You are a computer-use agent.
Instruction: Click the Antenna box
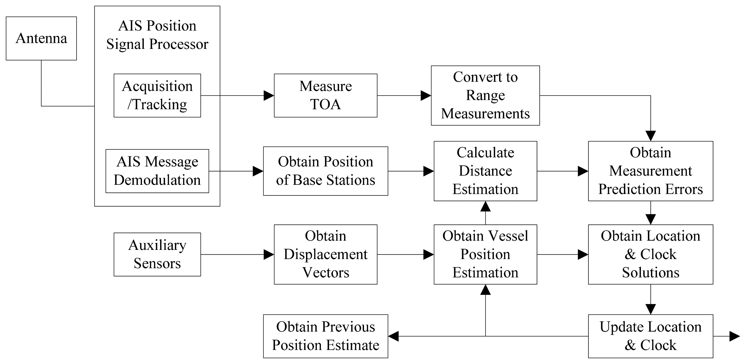(x=41, y=38)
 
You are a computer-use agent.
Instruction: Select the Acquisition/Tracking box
(x=157, y=95)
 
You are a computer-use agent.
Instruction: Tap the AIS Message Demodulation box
(x=157, y=171)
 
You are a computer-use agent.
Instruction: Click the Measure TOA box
(x=325, y=95)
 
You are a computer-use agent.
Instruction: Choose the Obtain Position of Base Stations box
(x=325, y=171)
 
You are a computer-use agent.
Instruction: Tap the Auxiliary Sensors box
(x=157, y=254)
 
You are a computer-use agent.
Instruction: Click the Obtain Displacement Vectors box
(x=325, y=254)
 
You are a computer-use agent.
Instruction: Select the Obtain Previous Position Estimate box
(x=325, y=336)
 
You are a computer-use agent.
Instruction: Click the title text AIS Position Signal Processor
(x=157, y=35)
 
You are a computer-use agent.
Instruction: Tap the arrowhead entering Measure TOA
(x=269, y=95)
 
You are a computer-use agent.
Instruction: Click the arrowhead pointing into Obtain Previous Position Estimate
(x=393, y=336)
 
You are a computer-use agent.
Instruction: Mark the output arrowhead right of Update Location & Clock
(x=735, y=336)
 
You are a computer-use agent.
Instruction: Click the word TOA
(x=325, y=104)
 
